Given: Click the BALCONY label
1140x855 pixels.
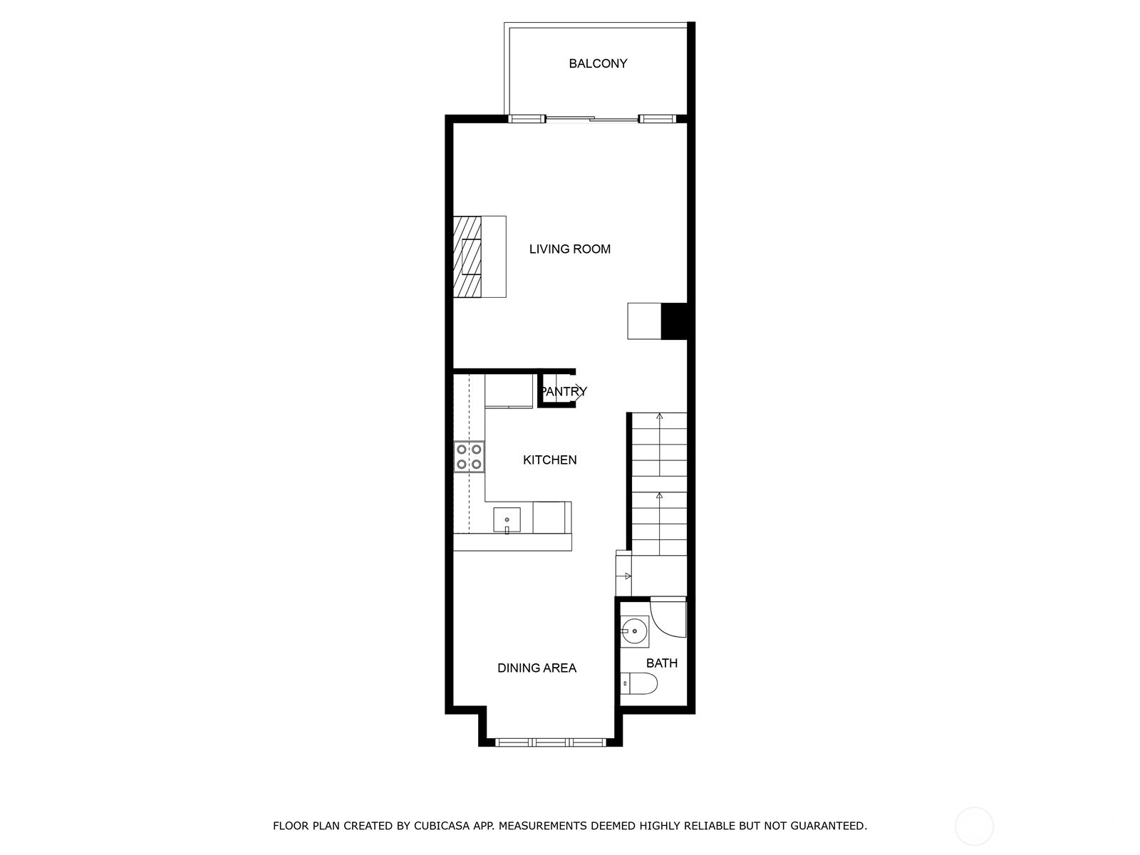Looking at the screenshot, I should point(598,63).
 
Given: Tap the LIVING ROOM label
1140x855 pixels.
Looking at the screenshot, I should point(569,249).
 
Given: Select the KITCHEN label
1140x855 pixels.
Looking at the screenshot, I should point(549,460).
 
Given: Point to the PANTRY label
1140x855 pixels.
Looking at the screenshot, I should point(564,391).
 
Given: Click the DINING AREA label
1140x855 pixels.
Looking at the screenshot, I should point(537,668).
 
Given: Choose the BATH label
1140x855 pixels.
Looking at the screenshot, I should point(661,663).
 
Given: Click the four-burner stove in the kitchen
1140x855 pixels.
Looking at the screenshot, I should point(469,457).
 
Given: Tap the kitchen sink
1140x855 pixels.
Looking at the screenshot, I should point(507,520).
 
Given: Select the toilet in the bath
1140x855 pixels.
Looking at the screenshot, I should point(639,684).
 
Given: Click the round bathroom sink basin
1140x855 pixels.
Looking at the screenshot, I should point(633,631).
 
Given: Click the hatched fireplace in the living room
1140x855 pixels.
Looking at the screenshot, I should point(468,256).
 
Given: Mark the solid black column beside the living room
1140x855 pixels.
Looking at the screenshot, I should point(674,321).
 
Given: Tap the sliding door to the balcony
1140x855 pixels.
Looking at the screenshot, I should point(591,119).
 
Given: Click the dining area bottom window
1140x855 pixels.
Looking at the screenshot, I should point(550,742).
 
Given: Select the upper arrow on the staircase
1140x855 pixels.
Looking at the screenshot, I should point(660,416).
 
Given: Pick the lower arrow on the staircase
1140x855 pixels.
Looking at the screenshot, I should point(660,495).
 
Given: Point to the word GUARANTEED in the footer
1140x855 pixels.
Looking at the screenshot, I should point(831,826).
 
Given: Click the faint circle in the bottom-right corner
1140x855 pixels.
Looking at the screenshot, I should point(974,826).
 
